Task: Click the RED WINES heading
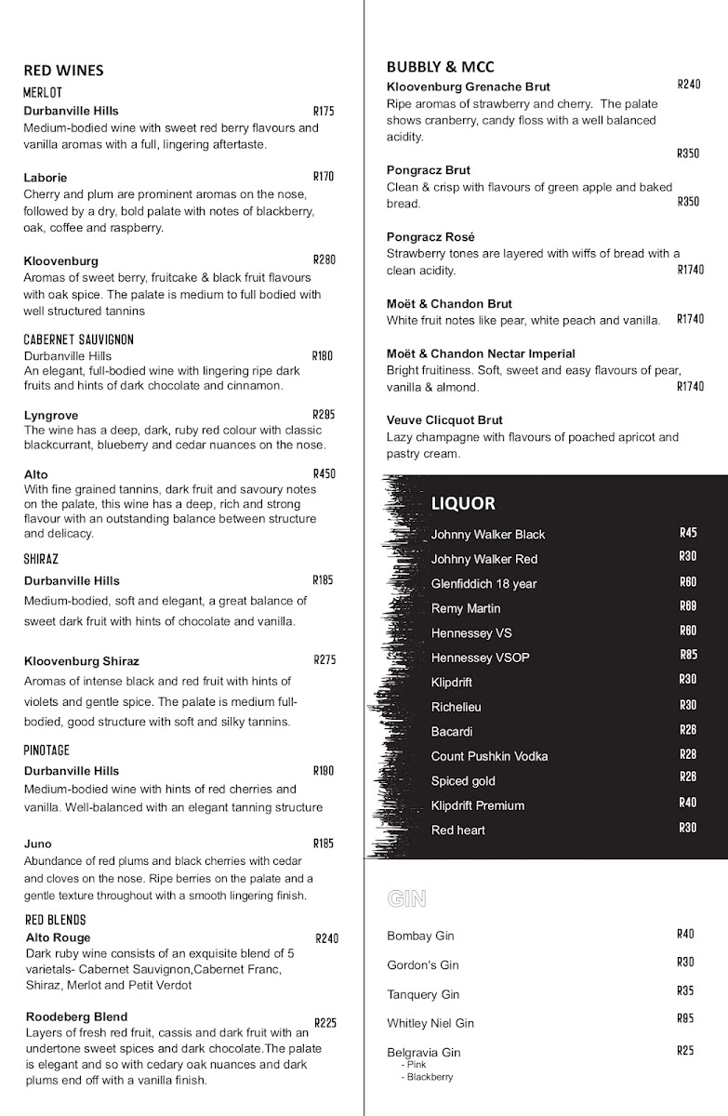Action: tap(63, 71)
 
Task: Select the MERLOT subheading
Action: tap(43, 92)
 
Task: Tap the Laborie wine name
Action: tap(46, 178)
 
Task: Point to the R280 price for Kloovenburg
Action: tap(324, 259)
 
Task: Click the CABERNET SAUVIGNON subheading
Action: tap(79, 339)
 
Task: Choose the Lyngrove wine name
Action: tap(51, 416)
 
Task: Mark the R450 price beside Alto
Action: tap(324, 473)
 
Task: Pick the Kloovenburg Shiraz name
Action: tap(82, 661)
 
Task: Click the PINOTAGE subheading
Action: tap(46, 751)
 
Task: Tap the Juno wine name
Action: tap(37, 844)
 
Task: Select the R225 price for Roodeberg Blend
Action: tap(325, 1022)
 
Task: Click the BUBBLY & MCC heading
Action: tap(440, 67)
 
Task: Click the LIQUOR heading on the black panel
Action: tap(463, 504)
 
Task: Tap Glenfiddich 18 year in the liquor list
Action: tap(483, 584)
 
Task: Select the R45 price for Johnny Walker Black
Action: tap(688, 533)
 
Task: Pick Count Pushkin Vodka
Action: tap(489, 756)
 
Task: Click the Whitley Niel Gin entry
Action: tap(430, 1023)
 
